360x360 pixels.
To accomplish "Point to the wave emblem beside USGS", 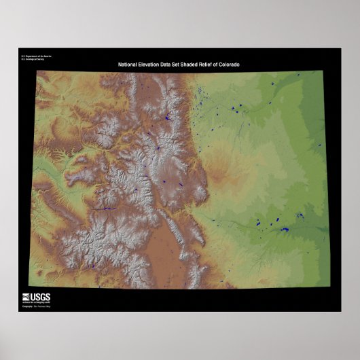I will coord(26,296).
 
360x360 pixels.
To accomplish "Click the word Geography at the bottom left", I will coord(27,307).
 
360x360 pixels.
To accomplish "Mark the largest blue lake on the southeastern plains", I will coord(282,229).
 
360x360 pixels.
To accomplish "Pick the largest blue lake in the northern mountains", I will coord(166,118).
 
